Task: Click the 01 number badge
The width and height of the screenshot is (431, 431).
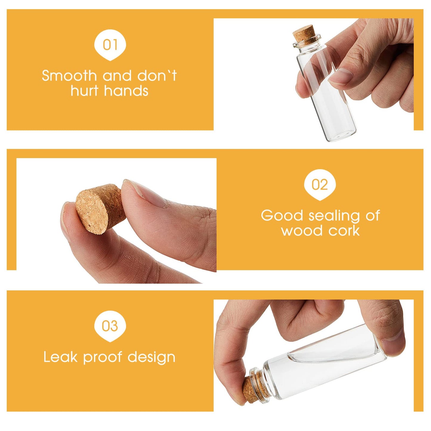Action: (110, 45)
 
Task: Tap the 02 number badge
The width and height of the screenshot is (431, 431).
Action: (320, 185)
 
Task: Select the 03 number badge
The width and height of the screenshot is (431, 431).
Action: (110, 326)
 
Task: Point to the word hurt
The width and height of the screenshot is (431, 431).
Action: (84, 91)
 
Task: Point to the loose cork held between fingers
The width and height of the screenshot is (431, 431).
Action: (100, 209)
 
